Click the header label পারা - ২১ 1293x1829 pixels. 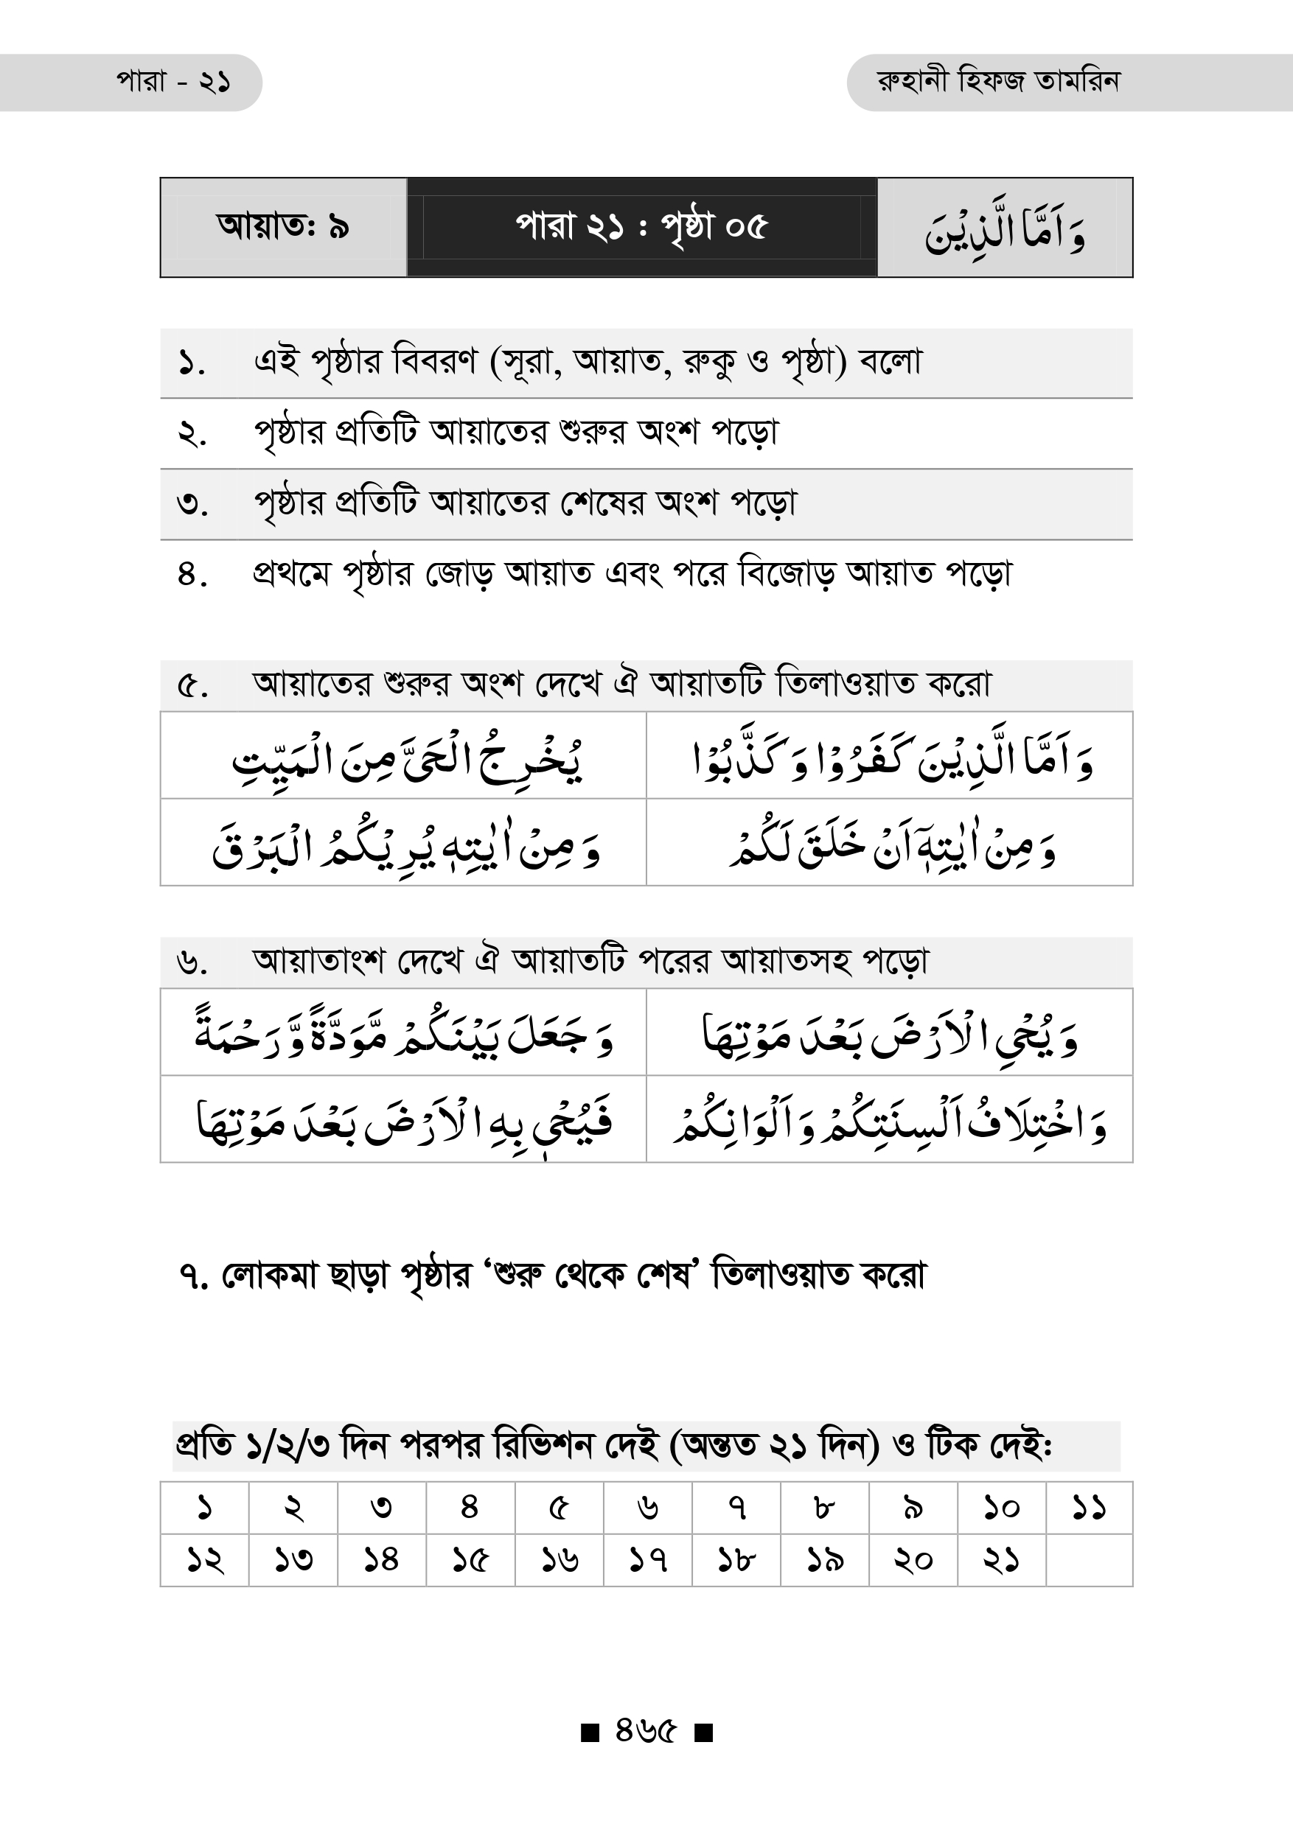(174, 82)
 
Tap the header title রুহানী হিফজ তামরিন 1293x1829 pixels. (997, 82)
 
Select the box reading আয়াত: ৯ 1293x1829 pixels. (283, 227)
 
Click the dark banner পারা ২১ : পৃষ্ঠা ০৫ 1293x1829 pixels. (641, 227)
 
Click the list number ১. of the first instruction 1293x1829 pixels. (192, 364)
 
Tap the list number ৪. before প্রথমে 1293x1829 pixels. (192, 574)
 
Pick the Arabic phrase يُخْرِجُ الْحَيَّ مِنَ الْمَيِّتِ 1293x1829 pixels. (406, 758)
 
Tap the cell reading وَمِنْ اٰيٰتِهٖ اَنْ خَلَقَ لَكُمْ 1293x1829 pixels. (891, 844)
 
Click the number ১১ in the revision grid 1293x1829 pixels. (1088, 1507)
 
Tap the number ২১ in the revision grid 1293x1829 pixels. (1000, 1559)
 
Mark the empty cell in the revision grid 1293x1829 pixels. (1088, 1559)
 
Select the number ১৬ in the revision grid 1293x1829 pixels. (560, 1559)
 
